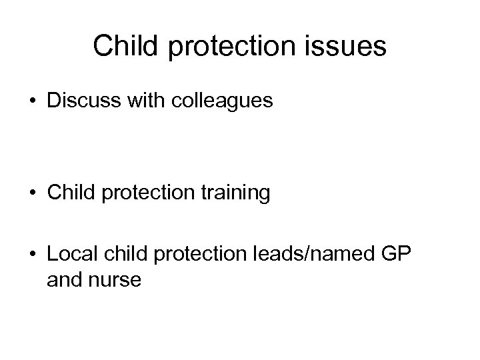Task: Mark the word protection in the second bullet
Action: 144,193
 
